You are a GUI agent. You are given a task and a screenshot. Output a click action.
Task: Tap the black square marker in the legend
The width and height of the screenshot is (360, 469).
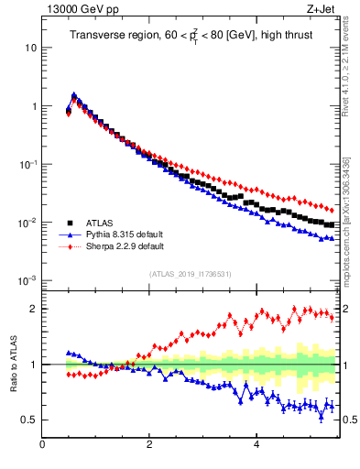[69, 222]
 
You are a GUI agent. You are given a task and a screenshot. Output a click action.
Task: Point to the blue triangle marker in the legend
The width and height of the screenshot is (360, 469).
[69, 234]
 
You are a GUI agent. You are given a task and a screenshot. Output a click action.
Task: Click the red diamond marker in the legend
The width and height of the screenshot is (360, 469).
[69, 245]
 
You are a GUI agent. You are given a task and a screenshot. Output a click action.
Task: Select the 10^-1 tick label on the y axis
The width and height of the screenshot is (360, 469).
[27, 164]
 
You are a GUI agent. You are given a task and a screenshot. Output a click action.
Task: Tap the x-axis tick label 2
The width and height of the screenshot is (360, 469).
[149, 445]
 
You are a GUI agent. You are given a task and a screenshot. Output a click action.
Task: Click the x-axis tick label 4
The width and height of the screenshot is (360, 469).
[256, 445]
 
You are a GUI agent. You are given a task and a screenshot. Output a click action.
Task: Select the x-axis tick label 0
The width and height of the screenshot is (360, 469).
[42, 445]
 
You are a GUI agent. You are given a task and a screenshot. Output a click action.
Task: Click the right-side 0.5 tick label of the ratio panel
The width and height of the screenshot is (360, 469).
[349, 420]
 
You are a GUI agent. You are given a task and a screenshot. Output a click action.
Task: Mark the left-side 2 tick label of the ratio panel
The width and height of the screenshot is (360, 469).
[33, 309]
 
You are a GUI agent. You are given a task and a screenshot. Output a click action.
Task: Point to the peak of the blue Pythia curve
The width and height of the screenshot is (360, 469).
[74, 94]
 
